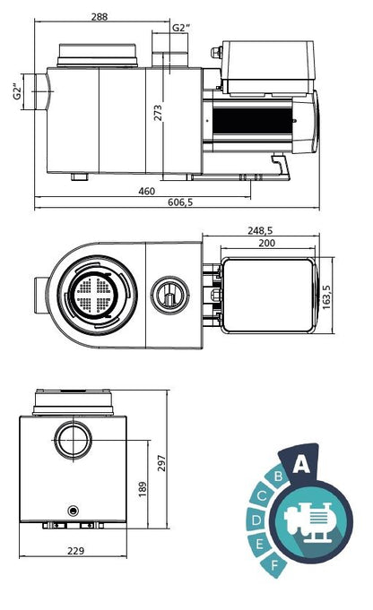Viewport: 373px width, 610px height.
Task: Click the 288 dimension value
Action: point(100,17)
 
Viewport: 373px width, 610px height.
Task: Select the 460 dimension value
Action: point(147,191)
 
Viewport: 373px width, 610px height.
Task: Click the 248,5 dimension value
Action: point(261,229)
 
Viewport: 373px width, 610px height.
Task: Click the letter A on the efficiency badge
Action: point(301,462)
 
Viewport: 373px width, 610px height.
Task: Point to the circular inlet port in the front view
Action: point(73,440)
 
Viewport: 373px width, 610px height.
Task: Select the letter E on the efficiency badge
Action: point(261,544)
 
